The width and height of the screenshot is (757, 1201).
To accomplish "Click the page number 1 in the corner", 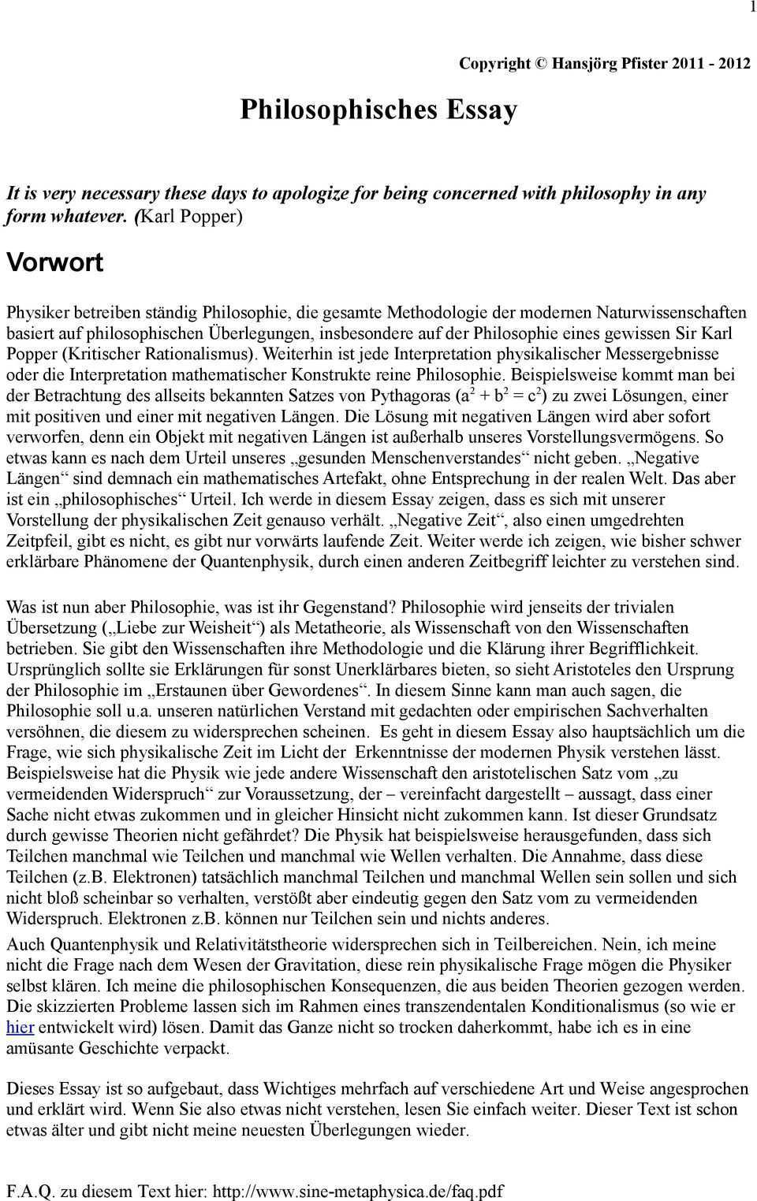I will [753, 6].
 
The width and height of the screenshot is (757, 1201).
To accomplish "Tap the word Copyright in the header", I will [495, 64].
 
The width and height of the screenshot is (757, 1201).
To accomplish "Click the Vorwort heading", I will [54, 262].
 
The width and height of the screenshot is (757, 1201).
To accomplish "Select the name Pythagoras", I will [410, 396].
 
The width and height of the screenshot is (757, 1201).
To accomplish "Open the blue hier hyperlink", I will [20, 1028].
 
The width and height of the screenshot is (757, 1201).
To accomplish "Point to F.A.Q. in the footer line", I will [29, 1190].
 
